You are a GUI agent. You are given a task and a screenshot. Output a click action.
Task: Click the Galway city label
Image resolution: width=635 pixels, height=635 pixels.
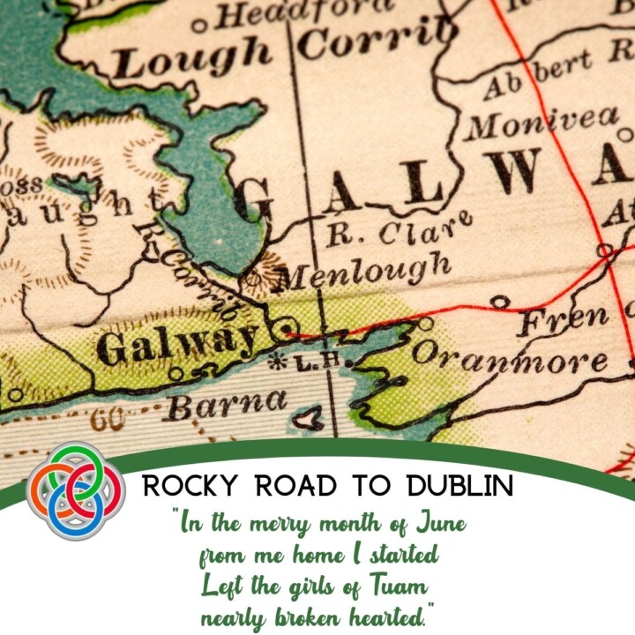point(176,343)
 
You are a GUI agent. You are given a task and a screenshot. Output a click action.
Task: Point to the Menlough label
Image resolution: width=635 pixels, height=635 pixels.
point(362,272)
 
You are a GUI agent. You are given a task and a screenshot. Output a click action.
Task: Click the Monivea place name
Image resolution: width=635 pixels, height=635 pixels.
point(542,122)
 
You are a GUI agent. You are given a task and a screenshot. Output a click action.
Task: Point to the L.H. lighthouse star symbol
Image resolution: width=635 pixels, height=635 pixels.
point(279,360)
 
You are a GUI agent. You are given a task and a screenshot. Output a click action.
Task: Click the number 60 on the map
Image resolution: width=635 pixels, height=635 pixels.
point(107,420)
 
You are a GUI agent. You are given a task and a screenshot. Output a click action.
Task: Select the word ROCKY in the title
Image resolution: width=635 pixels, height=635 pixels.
point(183,486)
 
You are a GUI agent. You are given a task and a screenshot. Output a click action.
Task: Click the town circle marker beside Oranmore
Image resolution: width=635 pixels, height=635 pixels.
point(426,325)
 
